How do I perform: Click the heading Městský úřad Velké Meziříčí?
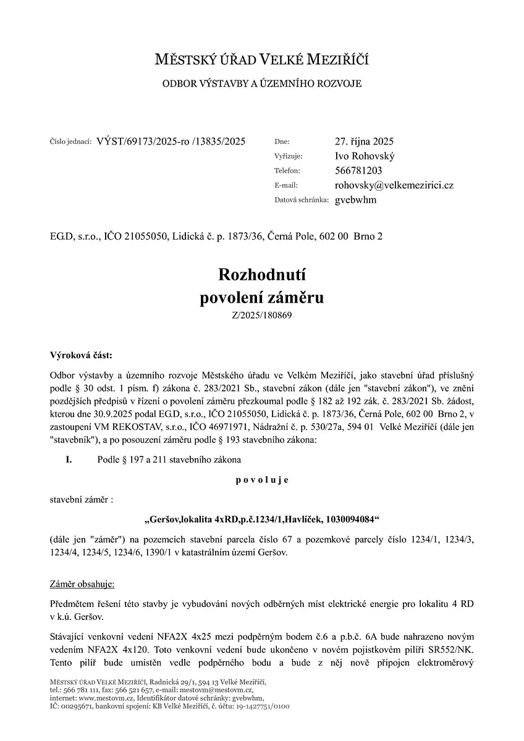click(x=261, y=60)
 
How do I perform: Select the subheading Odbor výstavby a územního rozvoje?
click(x=261, y=83)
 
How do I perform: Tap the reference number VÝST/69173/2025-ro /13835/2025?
click(x=171, y=141)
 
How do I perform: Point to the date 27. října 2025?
click(x=365, y=141)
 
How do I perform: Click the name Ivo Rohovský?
click(x=365, y=156)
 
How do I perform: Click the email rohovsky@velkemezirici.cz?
click(x=394, y=185)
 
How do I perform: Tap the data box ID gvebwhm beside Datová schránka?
click(x=355, y=200)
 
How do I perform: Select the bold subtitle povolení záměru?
click(x=261, y=298)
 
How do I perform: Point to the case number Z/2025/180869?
click(x=261, y=316)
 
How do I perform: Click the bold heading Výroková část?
click(x=82, y=355)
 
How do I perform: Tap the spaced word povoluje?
click(x=261, y=479)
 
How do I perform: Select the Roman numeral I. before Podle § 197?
click(x=69, y=459)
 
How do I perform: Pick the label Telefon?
click(x=287, y=171)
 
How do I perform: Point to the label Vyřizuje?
click(x=289, y=157)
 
